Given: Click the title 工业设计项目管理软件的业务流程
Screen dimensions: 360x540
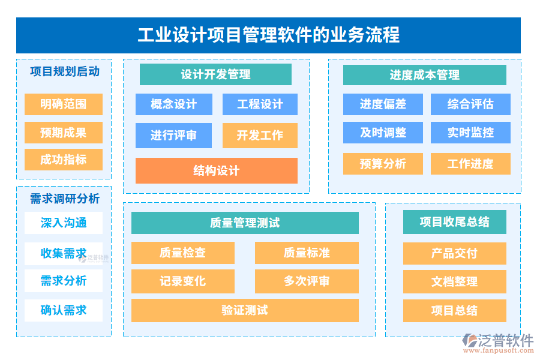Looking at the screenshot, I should [268, 35].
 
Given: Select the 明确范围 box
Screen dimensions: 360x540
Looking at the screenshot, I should [64, 104].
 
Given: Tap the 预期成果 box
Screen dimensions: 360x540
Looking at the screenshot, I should [64, 133].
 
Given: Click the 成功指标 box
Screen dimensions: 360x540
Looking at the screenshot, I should [64, 160].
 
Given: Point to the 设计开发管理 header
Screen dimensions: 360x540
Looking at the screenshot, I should [215, 74].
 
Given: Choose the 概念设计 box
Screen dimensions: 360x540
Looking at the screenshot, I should [174, 104].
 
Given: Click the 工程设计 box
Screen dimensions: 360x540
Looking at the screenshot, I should [260, 104].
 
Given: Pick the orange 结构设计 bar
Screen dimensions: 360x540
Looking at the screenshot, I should [216, 170].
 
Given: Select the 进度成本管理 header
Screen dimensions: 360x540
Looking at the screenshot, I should [424, 75].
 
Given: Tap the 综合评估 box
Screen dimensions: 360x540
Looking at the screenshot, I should [470, 104].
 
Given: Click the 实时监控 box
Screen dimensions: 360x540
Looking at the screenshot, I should [470, 133].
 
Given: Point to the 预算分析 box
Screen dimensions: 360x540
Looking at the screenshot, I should [383, 164].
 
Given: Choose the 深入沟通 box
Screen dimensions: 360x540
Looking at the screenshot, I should [64, 223].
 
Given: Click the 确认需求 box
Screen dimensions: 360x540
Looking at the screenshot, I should [64, 310].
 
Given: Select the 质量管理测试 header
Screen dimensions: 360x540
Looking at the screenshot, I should [245, 223].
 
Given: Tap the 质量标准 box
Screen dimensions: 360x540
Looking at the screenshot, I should [307, 253].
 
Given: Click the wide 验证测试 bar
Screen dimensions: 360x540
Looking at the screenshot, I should [245, 310].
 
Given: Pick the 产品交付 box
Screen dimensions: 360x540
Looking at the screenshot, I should [454, 253].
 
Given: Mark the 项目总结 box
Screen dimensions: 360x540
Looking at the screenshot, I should [454, 310].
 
